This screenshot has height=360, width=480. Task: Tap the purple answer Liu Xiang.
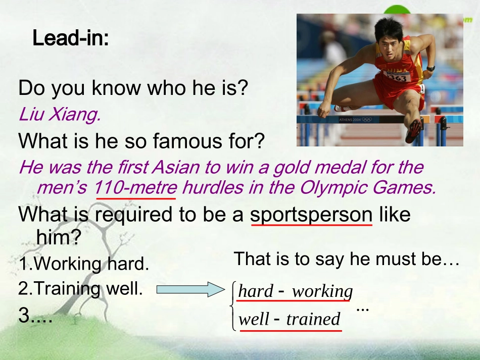pyautogui.click(x=59, y=115)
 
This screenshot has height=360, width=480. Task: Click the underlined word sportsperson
pyautogui.click(x=311, y=215)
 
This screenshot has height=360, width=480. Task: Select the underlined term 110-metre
pyautogui.click(x=135, y=188)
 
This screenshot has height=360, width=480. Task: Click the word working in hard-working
pyautogui.click(x=322, y=291)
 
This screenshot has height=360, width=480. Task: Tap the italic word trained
pyautogui.click(x=313, y=319)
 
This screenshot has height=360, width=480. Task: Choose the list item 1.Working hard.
pyautogui.click(x=84, y=263)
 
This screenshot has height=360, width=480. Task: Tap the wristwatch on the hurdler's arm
pyautogui.click(x=430, y=68)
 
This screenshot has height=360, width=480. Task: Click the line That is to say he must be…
pyautogui.click(x=346, y=260)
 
